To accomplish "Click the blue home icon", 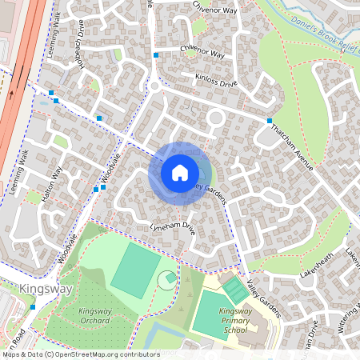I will click(x=179, y=172).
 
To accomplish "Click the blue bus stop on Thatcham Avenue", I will click(x=270, y=120).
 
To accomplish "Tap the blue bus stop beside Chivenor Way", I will click(x=156, y=55).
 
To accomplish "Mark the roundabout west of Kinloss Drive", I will click(x=154, y=85).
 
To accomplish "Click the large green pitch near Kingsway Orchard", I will click(x=136, y=270).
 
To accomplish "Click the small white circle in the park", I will click(x=167, y=279).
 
